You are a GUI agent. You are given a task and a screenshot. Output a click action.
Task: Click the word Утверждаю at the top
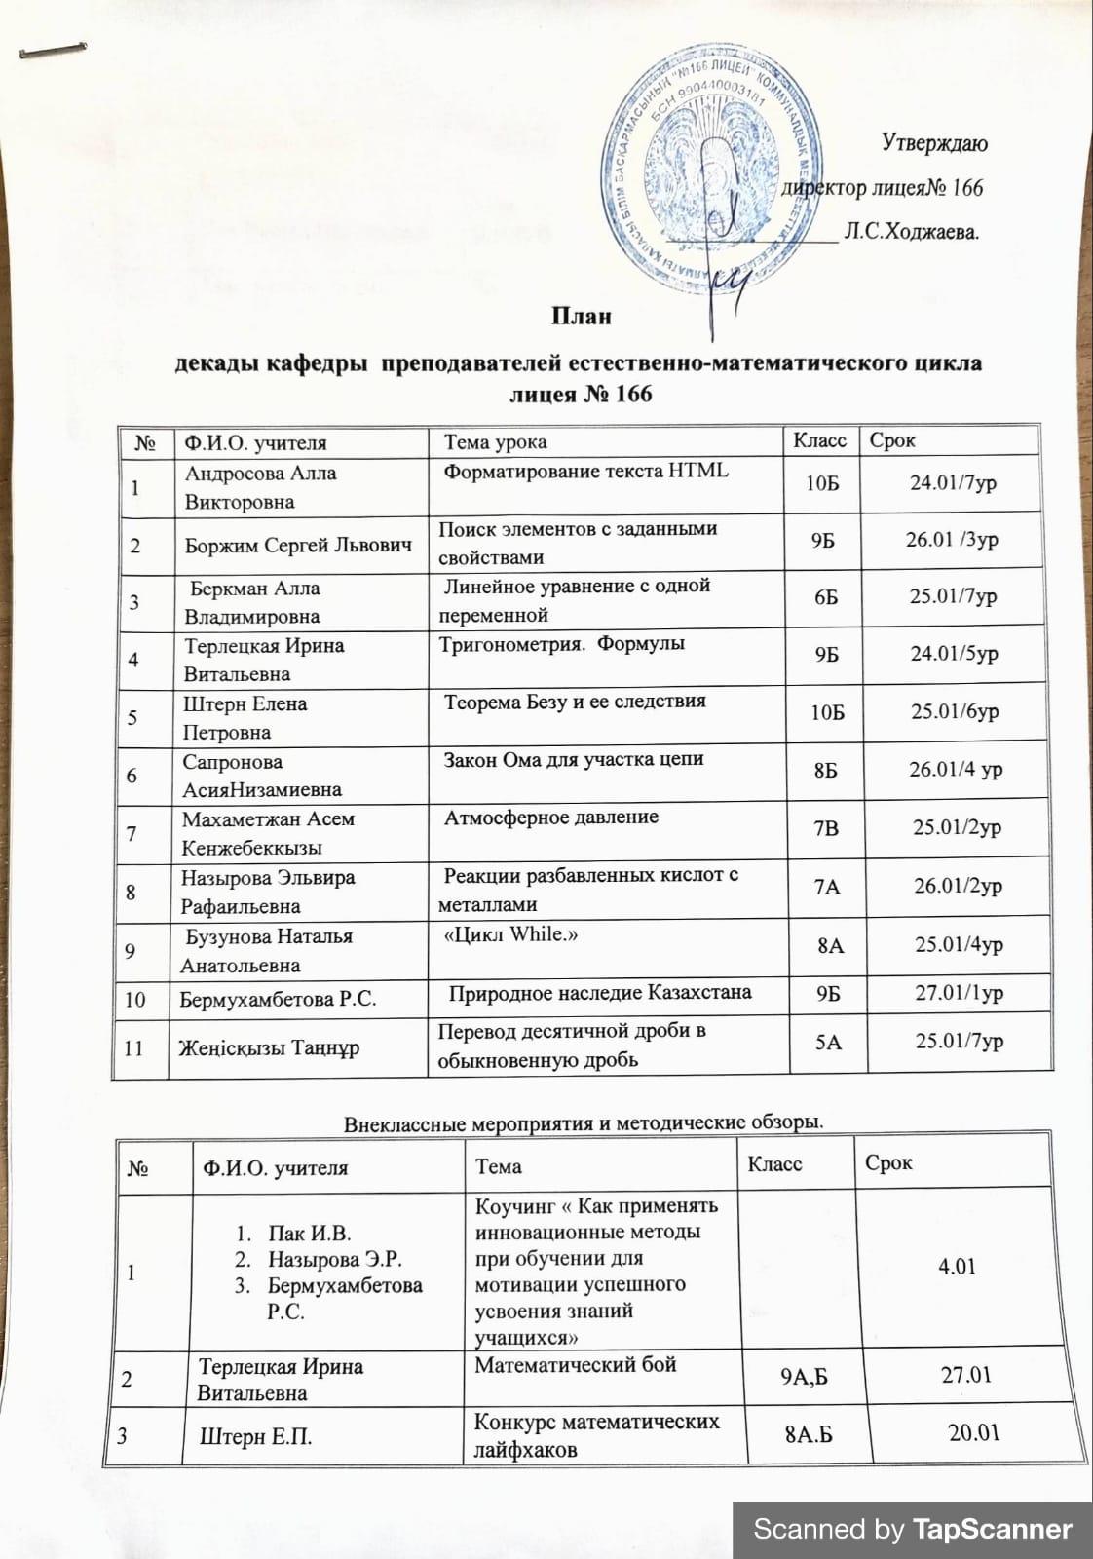(933, 144)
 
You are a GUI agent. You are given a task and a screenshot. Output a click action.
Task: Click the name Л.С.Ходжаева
(912, 233)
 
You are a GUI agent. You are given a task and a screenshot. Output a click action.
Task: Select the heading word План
(582, 317)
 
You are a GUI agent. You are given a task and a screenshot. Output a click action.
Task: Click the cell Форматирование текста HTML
(585, 471)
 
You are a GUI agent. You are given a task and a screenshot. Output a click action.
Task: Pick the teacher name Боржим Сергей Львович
(298, 545)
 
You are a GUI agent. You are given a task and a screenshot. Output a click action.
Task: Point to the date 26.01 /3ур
(951, 539)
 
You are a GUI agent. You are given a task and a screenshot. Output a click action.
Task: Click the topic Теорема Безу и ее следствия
(575, 701)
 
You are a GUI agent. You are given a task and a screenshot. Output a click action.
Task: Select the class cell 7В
(826, 828)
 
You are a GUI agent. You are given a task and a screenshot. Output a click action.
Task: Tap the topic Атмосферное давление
(551, 818)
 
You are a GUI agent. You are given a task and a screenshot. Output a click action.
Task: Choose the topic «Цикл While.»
(511, 933)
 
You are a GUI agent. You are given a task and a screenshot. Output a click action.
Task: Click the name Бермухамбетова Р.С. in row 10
(279, 999)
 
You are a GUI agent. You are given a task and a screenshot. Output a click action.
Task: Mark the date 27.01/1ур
(959, 993)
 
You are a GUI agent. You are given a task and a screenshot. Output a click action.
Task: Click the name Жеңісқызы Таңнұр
(270, 1048)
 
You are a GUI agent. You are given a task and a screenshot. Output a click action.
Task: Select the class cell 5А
(828, 1042)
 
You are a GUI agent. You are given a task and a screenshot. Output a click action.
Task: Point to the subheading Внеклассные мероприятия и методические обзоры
(584, 1122)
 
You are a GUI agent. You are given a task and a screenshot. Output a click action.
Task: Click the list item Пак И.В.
(310, 1235)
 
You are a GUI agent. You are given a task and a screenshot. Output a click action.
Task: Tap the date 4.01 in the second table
(957, 1267)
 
